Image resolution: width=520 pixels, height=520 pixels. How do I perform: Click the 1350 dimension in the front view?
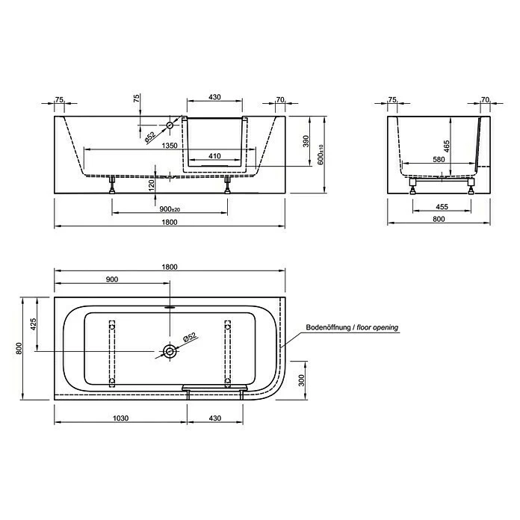[x=169, y=146]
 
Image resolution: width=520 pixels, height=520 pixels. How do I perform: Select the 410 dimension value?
[x=214, y=157]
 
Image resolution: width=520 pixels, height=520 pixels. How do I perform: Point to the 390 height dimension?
[x=305, y=140]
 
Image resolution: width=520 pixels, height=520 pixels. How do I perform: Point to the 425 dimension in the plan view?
[x=33, y=324]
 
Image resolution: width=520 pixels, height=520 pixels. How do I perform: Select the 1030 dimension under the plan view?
[x=120, y=418]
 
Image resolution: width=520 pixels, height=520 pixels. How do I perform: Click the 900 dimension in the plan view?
[x=113, y=279]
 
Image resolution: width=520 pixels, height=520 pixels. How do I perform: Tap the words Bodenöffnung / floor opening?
[x=351, y=327]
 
